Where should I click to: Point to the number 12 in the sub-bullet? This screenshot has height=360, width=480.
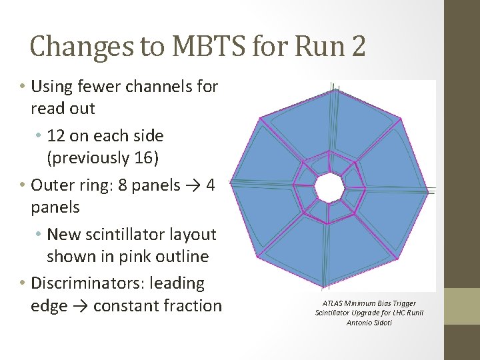coord(55,135)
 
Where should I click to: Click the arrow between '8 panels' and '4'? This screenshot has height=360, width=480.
coord(194,185)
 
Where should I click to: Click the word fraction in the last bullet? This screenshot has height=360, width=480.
coord(193,305)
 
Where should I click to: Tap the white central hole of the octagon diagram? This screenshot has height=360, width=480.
coord(329,188)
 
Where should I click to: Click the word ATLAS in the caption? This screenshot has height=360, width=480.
coord(331,303)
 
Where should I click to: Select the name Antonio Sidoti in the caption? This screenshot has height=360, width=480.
coord(369,323)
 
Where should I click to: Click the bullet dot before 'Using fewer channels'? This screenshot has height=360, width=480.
coord(23,87)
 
